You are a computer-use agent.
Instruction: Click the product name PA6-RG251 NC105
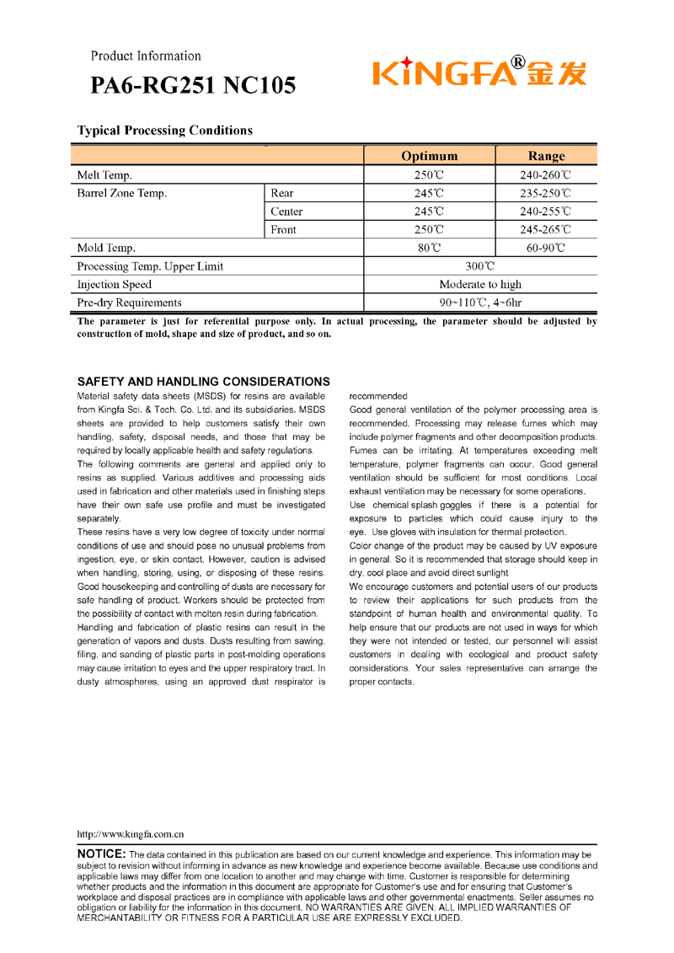193,86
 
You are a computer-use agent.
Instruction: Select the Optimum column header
430,156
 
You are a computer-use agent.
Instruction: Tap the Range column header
546,156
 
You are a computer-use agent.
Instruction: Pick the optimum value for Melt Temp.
429,176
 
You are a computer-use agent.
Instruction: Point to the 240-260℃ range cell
546,176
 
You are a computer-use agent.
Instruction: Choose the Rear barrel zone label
282,194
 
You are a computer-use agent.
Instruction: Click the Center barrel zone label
286,211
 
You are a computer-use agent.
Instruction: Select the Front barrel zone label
283,229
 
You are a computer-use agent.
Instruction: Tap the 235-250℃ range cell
546,194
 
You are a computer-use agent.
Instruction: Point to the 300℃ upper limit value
480,267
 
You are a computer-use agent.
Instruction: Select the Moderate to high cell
480,285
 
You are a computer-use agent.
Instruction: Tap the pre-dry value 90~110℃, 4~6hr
480,302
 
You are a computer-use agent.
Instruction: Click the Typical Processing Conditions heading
165,131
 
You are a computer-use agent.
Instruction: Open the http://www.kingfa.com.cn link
131,834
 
